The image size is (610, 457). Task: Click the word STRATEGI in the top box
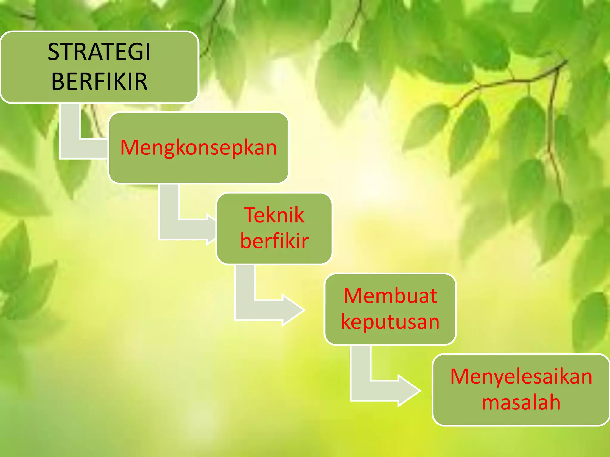point(99,52)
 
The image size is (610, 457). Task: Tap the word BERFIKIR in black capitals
point(99,81)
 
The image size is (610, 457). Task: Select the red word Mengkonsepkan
point(198,148)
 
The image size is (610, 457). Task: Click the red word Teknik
point(274,215)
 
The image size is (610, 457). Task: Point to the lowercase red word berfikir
point(274,241)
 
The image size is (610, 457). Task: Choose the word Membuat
point(390,296)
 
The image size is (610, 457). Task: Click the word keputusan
point(390,322)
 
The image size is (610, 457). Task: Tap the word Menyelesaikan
point(521,376)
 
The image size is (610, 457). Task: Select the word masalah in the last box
point(521,402)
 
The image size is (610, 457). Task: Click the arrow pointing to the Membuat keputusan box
point(268,310)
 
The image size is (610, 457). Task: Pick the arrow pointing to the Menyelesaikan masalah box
point(384,390)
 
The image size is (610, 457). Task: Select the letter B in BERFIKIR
point(58,81)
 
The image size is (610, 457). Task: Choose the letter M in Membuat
point(353,296)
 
